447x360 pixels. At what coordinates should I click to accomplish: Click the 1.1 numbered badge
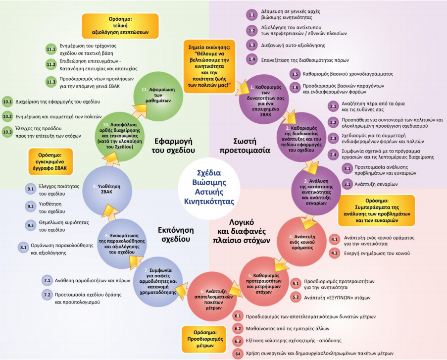tap(251, 15)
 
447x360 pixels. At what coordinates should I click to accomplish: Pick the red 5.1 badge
tap(296, 283)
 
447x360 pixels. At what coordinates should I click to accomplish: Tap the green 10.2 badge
tap(7, 117)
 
